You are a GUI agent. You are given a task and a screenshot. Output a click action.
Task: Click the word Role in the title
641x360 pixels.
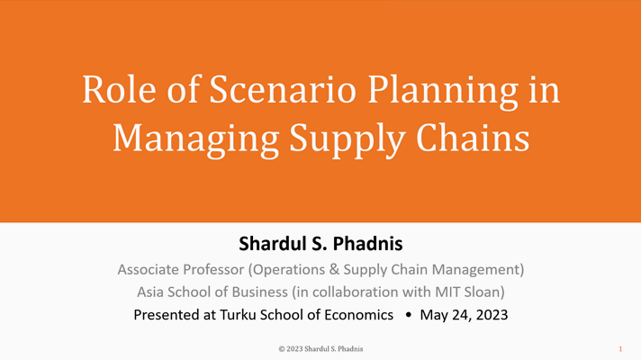(x=119, y=89)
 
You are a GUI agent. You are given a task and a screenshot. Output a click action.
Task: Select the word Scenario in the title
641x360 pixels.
(x=283, y=89)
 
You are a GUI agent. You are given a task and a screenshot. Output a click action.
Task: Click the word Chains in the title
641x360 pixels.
(x=473, y=138)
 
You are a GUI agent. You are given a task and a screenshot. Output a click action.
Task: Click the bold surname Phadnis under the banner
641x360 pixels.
(x=368, y=244)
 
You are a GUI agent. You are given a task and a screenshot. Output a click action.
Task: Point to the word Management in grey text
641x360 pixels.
(x=476, y=271)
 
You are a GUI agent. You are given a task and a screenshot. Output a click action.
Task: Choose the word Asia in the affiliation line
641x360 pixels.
(x=150, y=292)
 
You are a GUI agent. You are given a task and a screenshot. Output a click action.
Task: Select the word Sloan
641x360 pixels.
(x=483, y=292)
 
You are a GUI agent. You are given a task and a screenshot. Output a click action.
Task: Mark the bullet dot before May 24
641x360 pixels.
(x=408, y=315)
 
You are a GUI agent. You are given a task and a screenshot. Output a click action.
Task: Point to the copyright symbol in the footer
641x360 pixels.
(x=282, y=349)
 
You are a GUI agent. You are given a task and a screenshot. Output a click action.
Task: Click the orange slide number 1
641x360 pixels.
(x=620, y=349)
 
